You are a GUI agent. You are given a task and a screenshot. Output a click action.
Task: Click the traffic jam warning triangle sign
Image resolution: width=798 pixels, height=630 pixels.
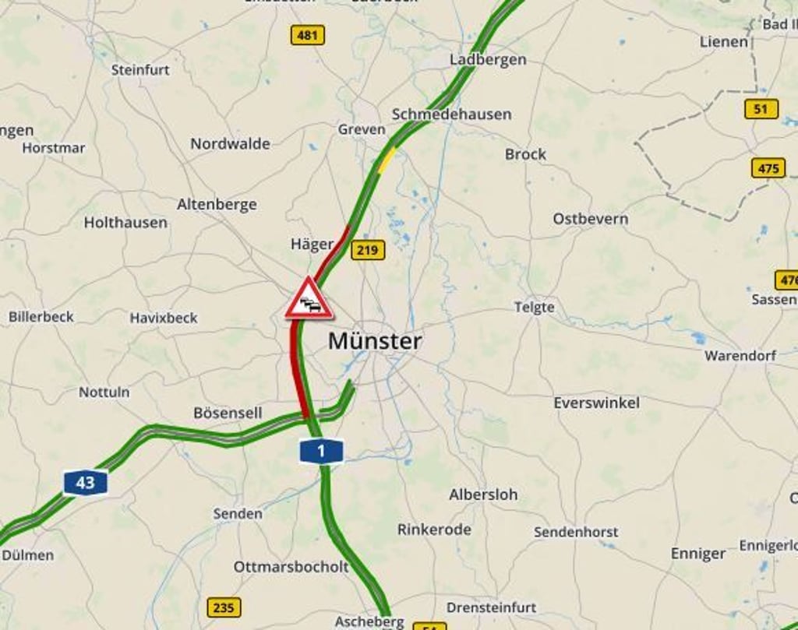click(x=309, y=300)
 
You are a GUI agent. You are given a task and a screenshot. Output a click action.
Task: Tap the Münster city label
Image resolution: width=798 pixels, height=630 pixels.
click(x=375, y=341)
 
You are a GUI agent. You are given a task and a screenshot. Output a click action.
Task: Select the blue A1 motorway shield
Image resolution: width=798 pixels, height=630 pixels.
click(x=320, y=450)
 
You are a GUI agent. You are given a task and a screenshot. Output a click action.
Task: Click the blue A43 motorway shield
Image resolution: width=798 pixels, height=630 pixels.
click(x=85, y=482)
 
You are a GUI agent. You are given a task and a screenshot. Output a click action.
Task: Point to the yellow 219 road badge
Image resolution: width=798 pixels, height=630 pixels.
click(x=367, y=250)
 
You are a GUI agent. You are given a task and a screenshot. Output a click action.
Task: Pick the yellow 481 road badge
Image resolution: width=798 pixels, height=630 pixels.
click(x=308, y=35)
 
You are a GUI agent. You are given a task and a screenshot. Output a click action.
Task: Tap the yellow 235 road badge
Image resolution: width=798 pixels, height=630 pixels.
click(x=224, y=607)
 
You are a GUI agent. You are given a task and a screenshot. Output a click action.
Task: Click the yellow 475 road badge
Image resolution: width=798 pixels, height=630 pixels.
click(x=768, y=168)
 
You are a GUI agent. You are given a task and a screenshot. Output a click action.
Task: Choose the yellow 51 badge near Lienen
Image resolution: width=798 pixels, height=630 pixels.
click(x=761, y=109)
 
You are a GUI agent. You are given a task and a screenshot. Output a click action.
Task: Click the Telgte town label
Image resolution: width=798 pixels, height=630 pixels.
click(x=535, y=308)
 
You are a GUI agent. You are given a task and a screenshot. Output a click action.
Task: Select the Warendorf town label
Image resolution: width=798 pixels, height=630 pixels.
click(x=740, y=356)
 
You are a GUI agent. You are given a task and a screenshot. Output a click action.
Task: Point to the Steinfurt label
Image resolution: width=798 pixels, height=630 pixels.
click(x=140, y=69)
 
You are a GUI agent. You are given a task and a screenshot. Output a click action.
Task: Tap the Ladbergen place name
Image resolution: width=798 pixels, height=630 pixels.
click(x=488, y=59)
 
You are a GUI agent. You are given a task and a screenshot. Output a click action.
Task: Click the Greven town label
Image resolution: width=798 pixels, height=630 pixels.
click(x=362, y=129)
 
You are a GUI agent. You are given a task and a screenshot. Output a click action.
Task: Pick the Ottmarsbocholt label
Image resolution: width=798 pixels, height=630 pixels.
click(x=291, y=567)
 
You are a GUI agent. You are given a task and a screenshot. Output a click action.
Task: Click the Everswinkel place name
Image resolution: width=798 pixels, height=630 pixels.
click(x=596, y=403)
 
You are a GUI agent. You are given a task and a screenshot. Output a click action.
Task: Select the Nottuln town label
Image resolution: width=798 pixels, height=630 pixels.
click(x=104, y=392)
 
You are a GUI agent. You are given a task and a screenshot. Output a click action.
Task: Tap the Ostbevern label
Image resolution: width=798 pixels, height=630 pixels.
click(x=590, y=219)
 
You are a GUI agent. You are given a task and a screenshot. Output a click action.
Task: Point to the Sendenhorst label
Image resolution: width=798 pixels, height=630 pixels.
click(x=576, y=532)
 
